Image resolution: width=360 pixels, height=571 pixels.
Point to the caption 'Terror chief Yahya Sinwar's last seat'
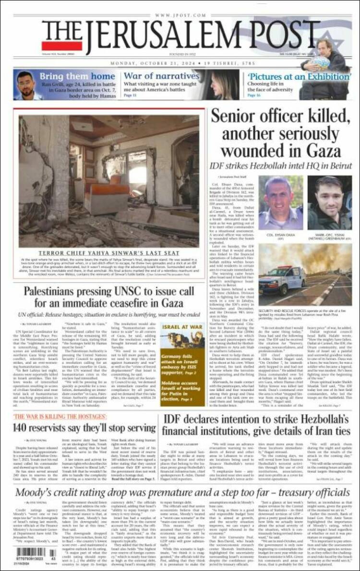pyautogui.click(x=109, y=252)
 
